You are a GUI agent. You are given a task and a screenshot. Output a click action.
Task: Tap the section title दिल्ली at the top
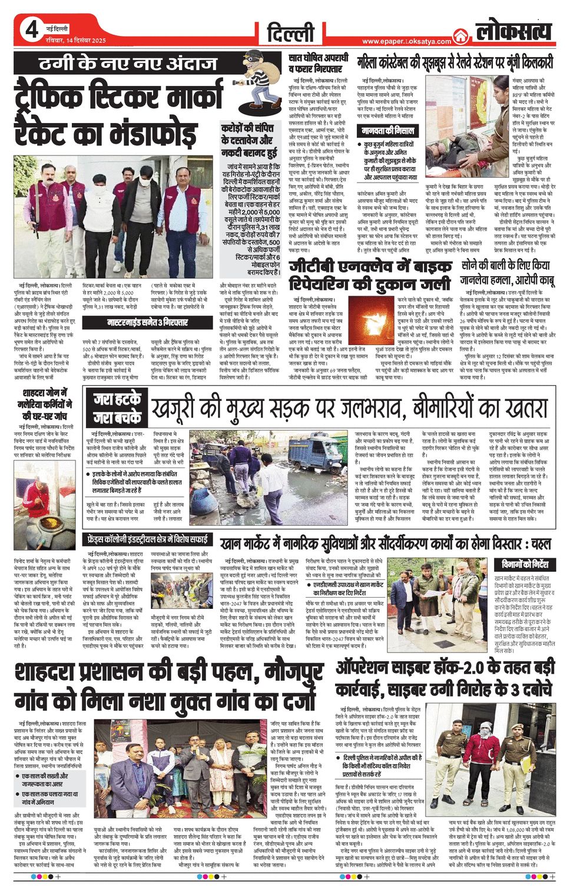pyautogui.click(x=291, y=33)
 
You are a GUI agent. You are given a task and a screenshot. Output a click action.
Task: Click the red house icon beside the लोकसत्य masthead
pyautogui.click(x=460, y=36)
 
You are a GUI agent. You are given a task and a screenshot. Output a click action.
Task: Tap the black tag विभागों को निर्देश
pyautogui.click(x=525, y=564)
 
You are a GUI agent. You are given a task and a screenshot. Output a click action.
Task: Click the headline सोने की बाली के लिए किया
pyautogui.click(x=505, y=266)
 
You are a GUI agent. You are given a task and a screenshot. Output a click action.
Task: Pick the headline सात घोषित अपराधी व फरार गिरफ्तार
pyautogui.click(x=319, y=64)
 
